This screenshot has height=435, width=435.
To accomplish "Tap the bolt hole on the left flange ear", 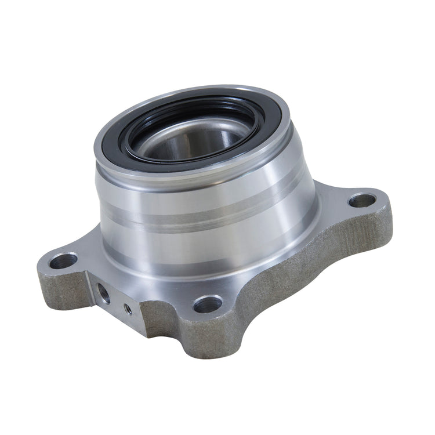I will click(x=63, y=260).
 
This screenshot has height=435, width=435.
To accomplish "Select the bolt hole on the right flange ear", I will click(x=362, y=201).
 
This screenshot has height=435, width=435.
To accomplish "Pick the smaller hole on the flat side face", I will click(x=128, y=309).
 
